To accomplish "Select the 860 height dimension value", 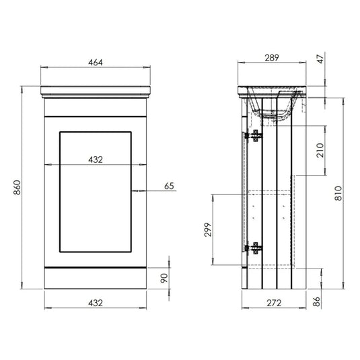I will (x=15, y=190).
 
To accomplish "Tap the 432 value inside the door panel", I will (x=96, y=159).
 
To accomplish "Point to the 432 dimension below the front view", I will (x=96, y=303).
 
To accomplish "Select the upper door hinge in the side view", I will (x=255, y=136).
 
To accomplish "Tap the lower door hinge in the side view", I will (x=255, y=248).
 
